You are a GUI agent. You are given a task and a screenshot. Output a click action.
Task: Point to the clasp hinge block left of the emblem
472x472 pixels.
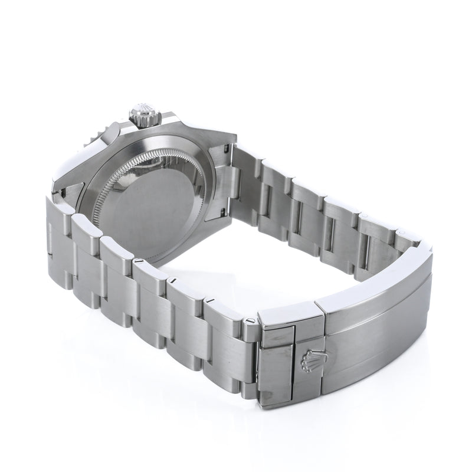pyautogui.click(x=277, y=366)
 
